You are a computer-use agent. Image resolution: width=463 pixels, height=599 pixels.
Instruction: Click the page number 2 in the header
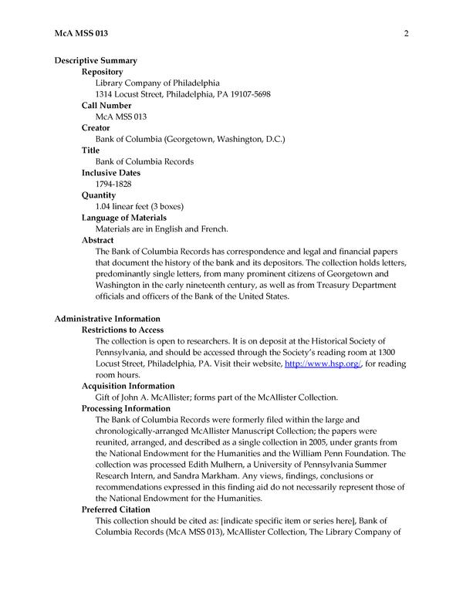click(405, 33)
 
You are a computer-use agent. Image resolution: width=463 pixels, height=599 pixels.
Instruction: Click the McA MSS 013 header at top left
click(82, 33)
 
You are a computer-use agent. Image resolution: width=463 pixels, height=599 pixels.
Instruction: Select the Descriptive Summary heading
click(96, 60)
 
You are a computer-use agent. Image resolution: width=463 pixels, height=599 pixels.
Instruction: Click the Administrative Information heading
click(107, 319)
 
